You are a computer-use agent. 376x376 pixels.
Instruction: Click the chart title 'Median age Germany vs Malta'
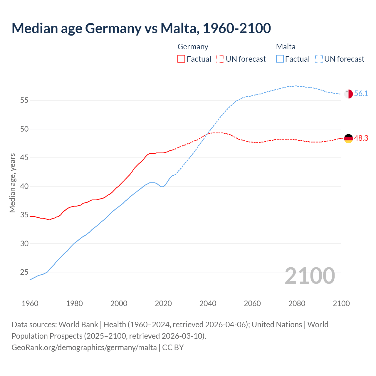tap(141, 28)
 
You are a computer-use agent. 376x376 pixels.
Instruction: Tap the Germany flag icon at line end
tap(348, 138)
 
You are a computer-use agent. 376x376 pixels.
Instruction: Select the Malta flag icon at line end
tap(348, 94)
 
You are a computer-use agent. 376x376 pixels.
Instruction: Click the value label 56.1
tap(361, 94)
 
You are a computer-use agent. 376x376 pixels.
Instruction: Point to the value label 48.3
tap(361, 138)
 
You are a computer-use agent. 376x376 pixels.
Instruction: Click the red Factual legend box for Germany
tap(181, 59)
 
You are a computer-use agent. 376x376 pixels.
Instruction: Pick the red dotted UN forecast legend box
tap(220, 59)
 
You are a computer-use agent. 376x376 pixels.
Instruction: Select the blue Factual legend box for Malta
tap(280, 59)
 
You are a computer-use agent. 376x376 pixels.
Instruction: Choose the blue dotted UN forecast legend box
tap(319, 59)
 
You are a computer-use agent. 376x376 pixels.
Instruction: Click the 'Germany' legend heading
tap(193, 47)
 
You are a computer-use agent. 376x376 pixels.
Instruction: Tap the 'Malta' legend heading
tap(286, 47)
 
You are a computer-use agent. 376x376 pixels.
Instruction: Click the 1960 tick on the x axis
tap(30, 303)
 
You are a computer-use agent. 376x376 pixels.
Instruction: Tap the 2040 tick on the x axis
tap(208, 303)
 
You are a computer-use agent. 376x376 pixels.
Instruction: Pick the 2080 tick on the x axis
tap(297, 303)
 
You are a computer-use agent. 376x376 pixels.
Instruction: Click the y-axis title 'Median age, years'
tap(12, 183)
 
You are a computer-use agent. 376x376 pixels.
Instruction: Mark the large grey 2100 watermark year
tap(310, 276)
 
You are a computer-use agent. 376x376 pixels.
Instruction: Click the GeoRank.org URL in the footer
tap(84, 348)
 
